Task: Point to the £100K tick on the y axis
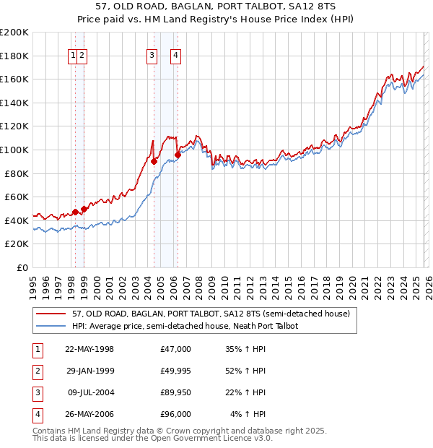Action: point(14,150)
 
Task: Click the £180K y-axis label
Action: point(14,55)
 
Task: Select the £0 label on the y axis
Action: point(22,267)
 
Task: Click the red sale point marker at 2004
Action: point(154,161)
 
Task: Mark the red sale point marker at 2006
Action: point(178,154)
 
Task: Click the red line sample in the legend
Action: point(52,314)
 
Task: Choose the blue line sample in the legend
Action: point(52,326)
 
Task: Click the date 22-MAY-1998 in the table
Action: point(89,349)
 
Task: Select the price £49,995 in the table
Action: point(175,371)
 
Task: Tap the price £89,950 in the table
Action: point(175,392)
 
